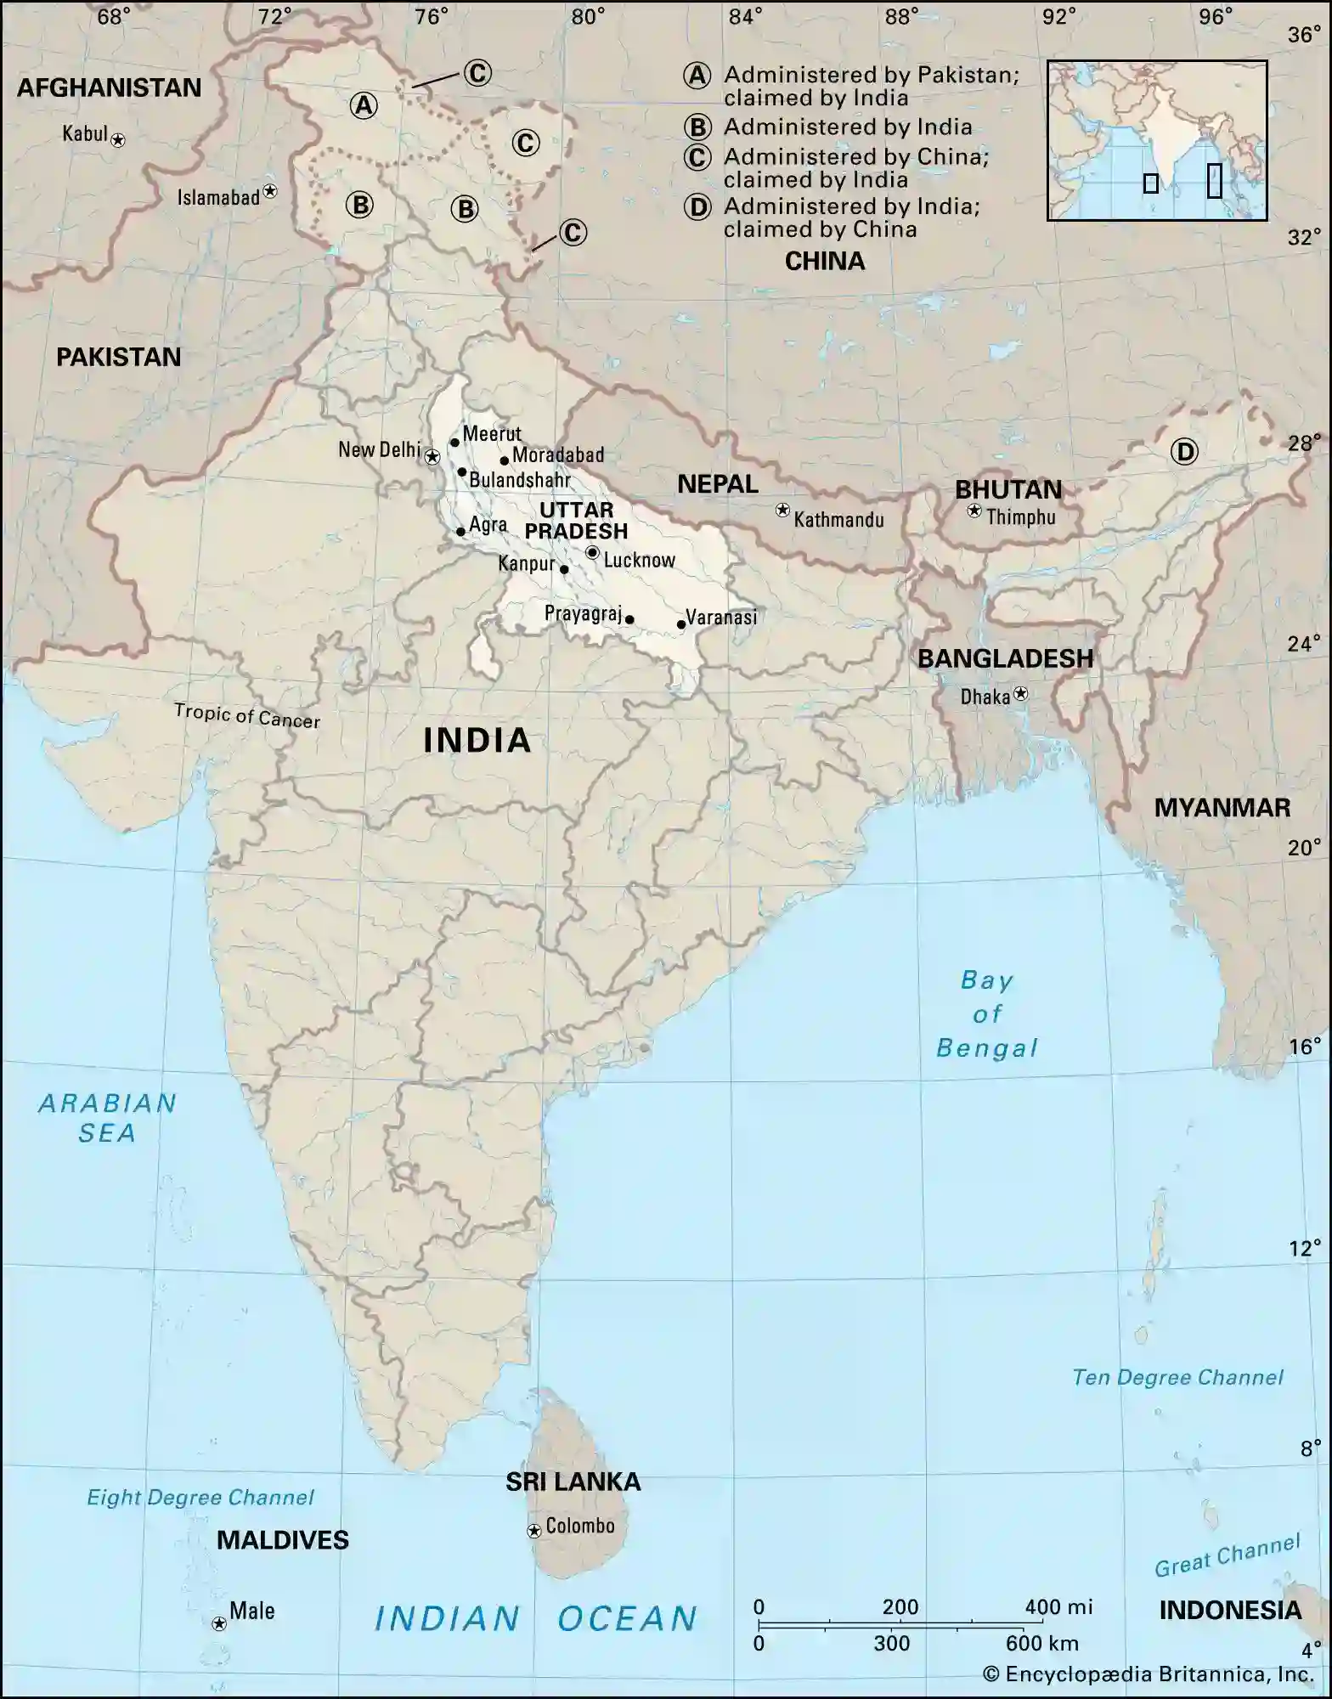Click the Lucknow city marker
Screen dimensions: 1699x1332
coord(592,553)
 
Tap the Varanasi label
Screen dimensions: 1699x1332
coord(720,618)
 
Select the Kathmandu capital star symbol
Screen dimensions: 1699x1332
coord(782,511)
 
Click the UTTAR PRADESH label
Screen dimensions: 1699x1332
coord(576,521)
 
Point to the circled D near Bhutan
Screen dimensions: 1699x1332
coord(1183,451)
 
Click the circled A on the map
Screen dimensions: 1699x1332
coord(364,105)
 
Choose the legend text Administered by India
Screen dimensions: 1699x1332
coord(847,127)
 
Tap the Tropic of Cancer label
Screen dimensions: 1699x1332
coord(247,715)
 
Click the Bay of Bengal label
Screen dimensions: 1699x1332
coord(986,1014)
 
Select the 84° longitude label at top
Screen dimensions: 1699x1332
coord(745,16)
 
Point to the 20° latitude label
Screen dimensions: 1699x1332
coord(1304,847)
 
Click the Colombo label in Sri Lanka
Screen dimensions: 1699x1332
coord(580,1526)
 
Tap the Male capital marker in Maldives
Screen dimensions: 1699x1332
coord(219,1623)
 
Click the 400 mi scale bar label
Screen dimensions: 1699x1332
coord(1058,1606)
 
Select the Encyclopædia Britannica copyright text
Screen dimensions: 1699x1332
coord(1149,1674)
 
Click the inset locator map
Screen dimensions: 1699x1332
coord(1157,140)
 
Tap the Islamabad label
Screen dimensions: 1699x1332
coord(217,198)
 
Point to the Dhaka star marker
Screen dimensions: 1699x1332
coord(1020,694)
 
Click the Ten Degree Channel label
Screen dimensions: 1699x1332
coord(1177,1377)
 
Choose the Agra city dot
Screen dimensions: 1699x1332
coord(460,532)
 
